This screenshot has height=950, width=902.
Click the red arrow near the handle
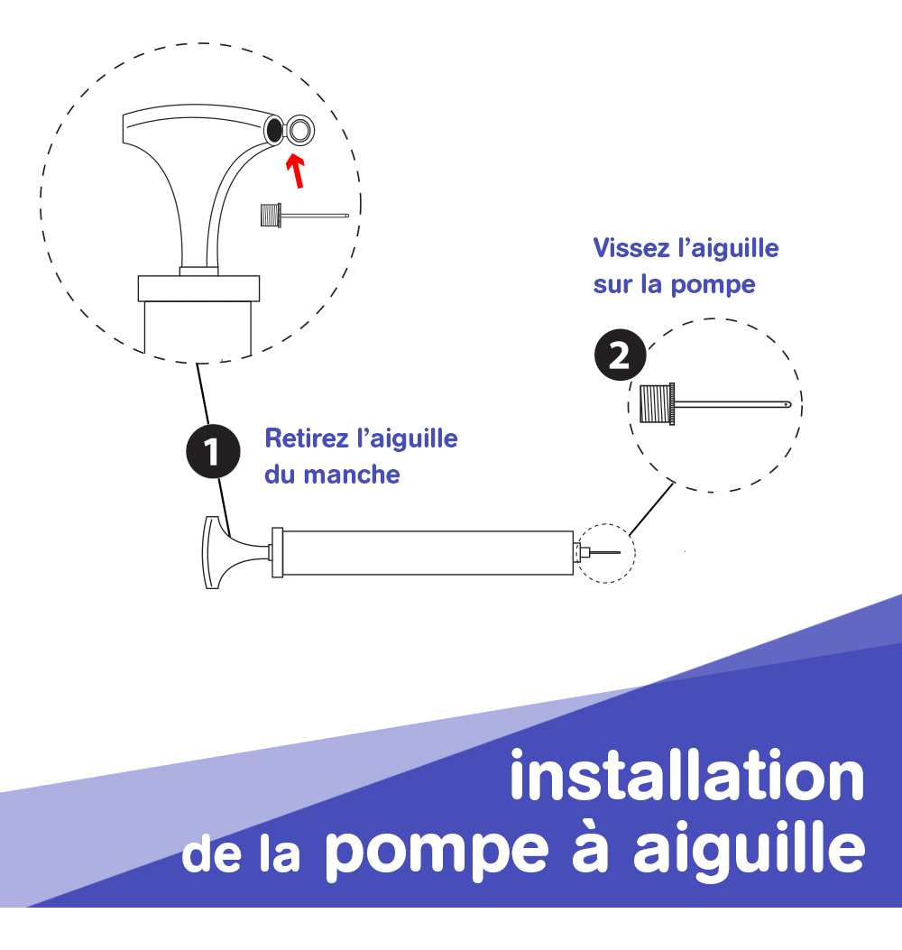coord(296,171)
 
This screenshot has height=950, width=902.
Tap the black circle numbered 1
coord(213,451)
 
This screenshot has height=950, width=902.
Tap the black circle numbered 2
coord(621,355)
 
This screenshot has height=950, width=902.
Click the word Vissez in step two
coord(631,248)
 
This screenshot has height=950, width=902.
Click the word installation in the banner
coord(687,776)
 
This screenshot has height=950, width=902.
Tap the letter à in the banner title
coord(590,846)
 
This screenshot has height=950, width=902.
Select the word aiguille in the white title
coord(750,846)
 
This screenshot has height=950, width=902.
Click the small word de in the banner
coord(212,854)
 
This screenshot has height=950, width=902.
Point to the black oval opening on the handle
coord(274,129)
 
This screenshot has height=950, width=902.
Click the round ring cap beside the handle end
coord(299,130)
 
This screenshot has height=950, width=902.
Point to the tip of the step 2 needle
coord(789,404)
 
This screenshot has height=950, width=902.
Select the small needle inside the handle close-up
coord(305,215)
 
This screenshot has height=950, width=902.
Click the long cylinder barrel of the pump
coord(428,552)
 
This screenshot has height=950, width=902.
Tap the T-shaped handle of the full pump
coord(230,552)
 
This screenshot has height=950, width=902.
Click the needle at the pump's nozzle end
coord(604,552)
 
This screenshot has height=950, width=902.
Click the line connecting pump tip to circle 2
coord(652,508)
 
